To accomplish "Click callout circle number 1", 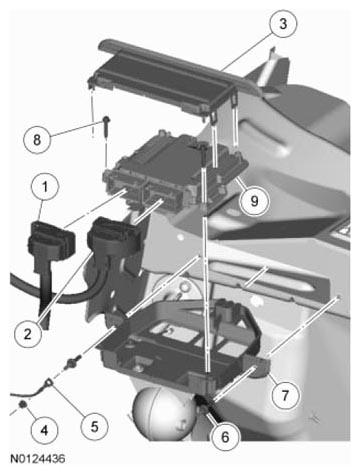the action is [x=45, y=187].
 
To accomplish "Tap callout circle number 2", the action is [x=28, y=334].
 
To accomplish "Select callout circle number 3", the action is [x=283, y=24].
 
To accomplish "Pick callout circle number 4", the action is [x=44, y=430].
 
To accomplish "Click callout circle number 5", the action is [x=95, y=426].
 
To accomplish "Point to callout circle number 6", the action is [x=225, y=437].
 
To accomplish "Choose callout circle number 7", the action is [x=285, y=396].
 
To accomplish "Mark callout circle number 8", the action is [x=37, y=139].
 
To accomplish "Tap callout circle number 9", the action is [x=255, y=201].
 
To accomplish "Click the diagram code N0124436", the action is [x=38, y=459].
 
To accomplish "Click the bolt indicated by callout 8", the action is [x=106, y=126].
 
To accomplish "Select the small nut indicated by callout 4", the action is [x=23, y=404].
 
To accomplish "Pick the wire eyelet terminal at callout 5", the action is [x=49, y=383].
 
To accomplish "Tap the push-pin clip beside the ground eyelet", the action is [x=73, y=362].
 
